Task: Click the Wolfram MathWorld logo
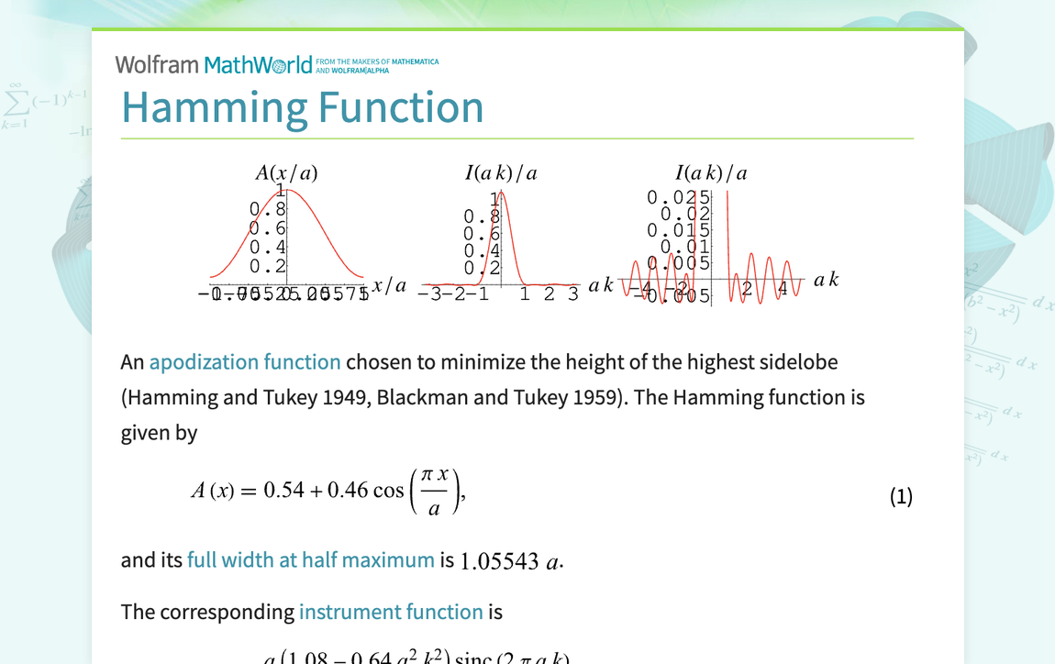click(214, 65)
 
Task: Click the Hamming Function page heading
click(302, 107)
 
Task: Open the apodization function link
click(245, 362)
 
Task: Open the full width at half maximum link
click(310, 559)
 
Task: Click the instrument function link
click(391, 612)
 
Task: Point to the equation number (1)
click(901, 497)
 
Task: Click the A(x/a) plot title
click(286, 173)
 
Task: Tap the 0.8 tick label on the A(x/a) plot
click(267, 210)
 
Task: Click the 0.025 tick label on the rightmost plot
click(678, 197)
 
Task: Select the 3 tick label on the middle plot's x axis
click(573, 293)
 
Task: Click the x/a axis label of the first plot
click(389, 285)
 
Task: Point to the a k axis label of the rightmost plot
click(826, 280)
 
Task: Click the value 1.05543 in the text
click(499, 561)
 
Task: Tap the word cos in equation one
click(388, 491)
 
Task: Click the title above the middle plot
click(501, 173)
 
